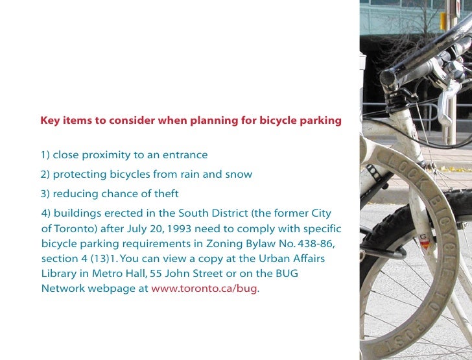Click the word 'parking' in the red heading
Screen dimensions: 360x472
point(320,121)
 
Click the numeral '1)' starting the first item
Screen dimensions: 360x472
point(45,155)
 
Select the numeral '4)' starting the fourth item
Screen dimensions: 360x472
point(46,213)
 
